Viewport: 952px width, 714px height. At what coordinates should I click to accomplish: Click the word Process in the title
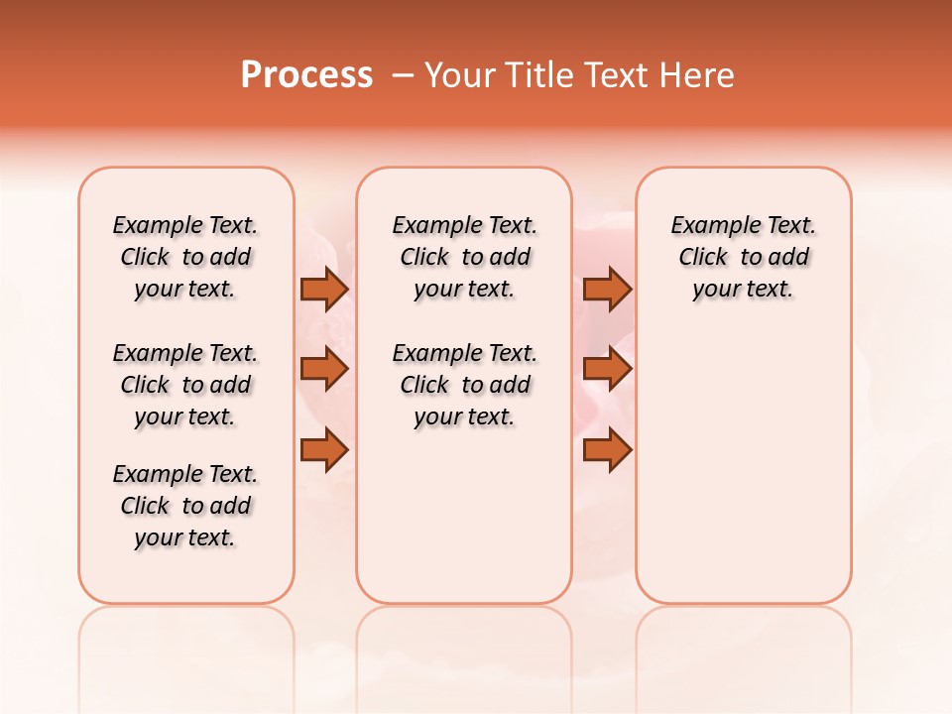(306, 75)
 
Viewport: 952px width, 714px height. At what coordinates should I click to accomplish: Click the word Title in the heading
(536, 75)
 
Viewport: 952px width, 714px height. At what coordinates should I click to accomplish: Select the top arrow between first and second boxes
(324, 289)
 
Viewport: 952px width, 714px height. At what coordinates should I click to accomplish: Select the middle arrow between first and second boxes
(324, 369)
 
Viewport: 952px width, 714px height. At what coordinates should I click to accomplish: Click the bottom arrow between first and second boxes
(324, 450)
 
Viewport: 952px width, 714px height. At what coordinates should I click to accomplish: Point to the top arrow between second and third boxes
(607, 289)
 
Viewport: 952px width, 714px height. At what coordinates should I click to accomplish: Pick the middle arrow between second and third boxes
(607, 369)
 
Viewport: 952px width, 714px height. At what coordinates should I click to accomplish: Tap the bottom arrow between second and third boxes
(607, 450)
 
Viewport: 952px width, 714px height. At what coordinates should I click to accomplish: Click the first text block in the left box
(185, 257)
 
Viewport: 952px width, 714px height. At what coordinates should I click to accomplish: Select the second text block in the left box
(185, 385)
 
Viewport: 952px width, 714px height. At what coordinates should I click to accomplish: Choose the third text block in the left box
(185, 506)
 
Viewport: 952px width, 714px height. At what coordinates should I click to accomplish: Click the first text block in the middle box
(464, 257)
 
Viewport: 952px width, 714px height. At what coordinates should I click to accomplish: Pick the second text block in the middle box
(464, 385)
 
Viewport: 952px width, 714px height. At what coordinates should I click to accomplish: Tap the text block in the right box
(744, 257)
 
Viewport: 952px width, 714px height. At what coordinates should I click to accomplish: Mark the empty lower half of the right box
(744, 466)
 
